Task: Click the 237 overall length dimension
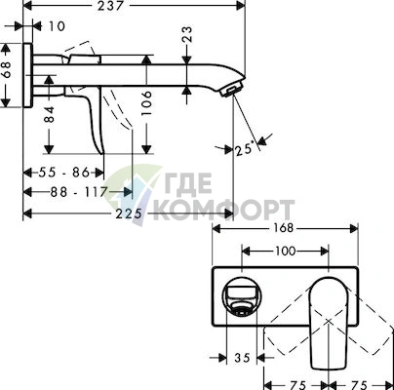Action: point(110,6)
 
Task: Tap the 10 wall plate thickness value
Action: point(57,26)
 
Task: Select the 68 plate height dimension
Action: point(6,69)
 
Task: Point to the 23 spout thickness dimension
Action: point(187,34)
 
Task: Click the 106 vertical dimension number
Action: point(146,103)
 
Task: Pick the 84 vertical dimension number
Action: point(49,114)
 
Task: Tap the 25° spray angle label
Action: point(245,149)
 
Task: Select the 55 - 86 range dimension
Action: point(64,173)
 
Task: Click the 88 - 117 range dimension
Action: point(79,192)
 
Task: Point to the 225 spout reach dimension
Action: point(129,214)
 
